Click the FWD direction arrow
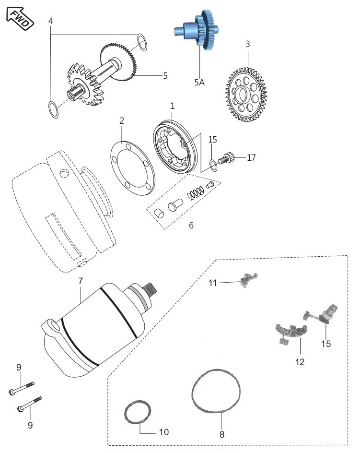[20, 19]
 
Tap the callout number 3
[248, 44]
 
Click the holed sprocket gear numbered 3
[246, 95]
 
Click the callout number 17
[251, 157]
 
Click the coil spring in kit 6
[196, 193]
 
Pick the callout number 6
[191, 226]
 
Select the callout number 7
[81, 281]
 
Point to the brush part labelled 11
[248, 280]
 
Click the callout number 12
[300, 362]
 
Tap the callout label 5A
[199, 83]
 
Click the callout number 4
[51, 21]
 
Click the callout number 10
[164, 432]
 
